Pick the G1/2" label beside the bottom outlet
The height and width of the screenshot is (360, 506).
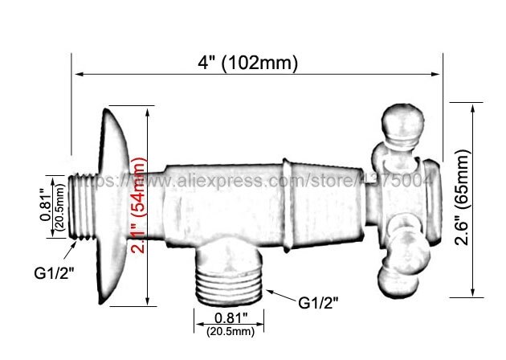click(x=319, y=303)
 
